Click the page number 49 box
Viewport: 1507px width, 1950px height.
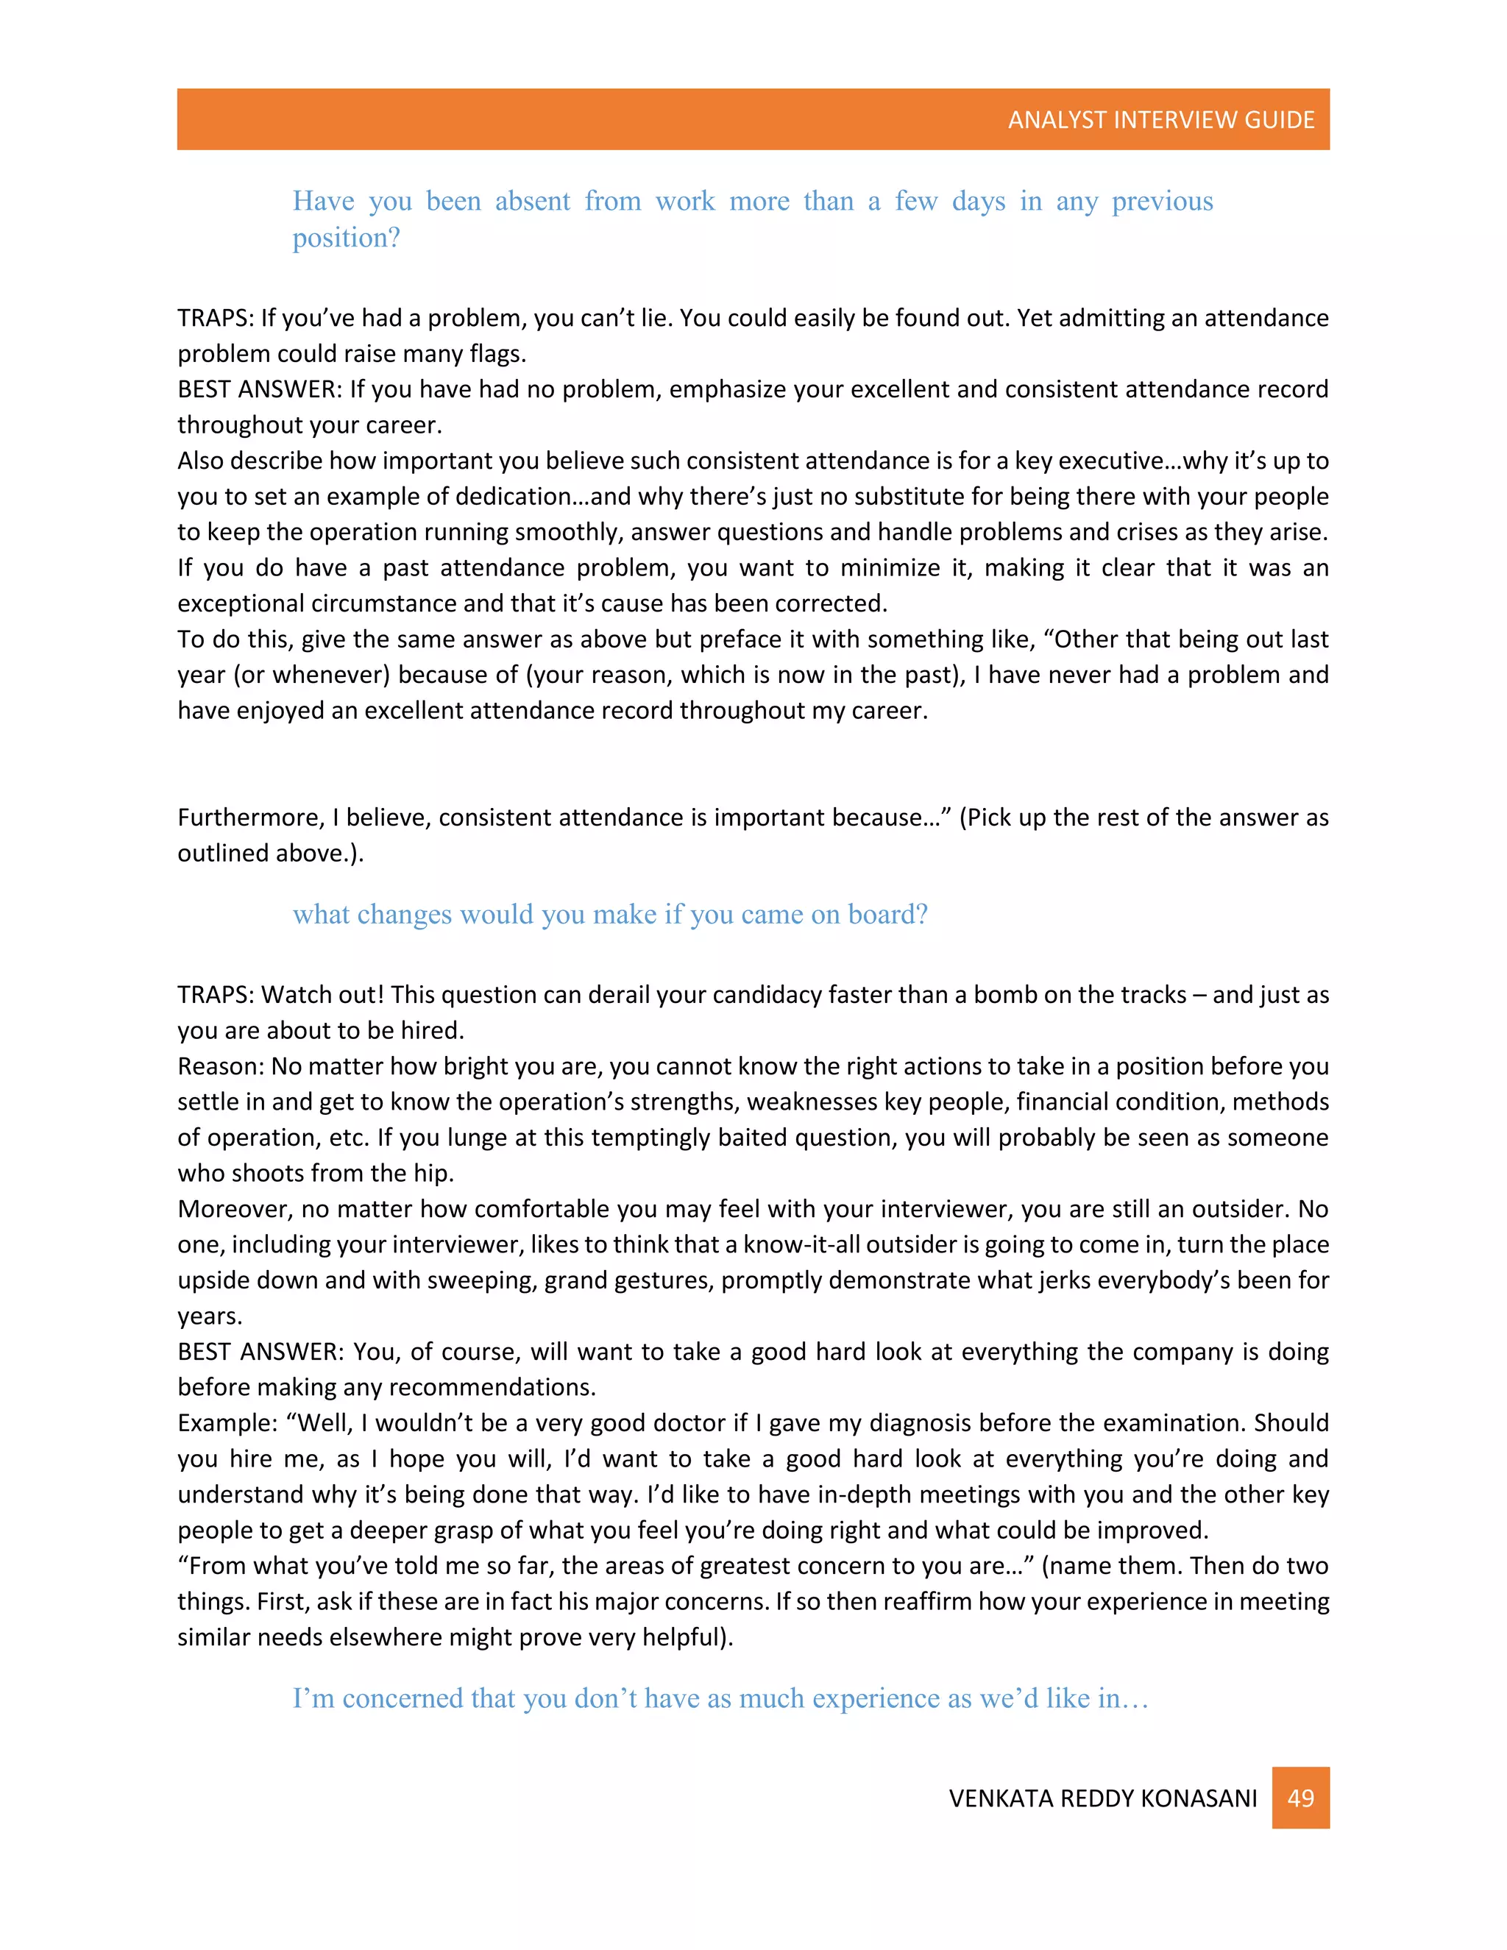1300,1798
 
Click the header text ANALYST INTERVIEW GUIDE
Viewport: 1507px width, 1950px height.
1160,120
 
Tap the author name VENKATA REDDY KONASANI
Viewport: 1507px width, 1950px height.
1102,1798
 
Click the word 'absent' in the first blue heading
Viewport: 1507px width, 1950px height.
532,201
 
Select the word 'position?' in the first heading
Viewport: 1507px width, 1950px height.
347,238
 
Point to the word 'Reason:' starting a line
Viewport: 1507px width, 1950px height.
221,1066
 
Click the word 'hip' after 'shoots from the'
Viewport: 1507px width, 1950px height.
432,1173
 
